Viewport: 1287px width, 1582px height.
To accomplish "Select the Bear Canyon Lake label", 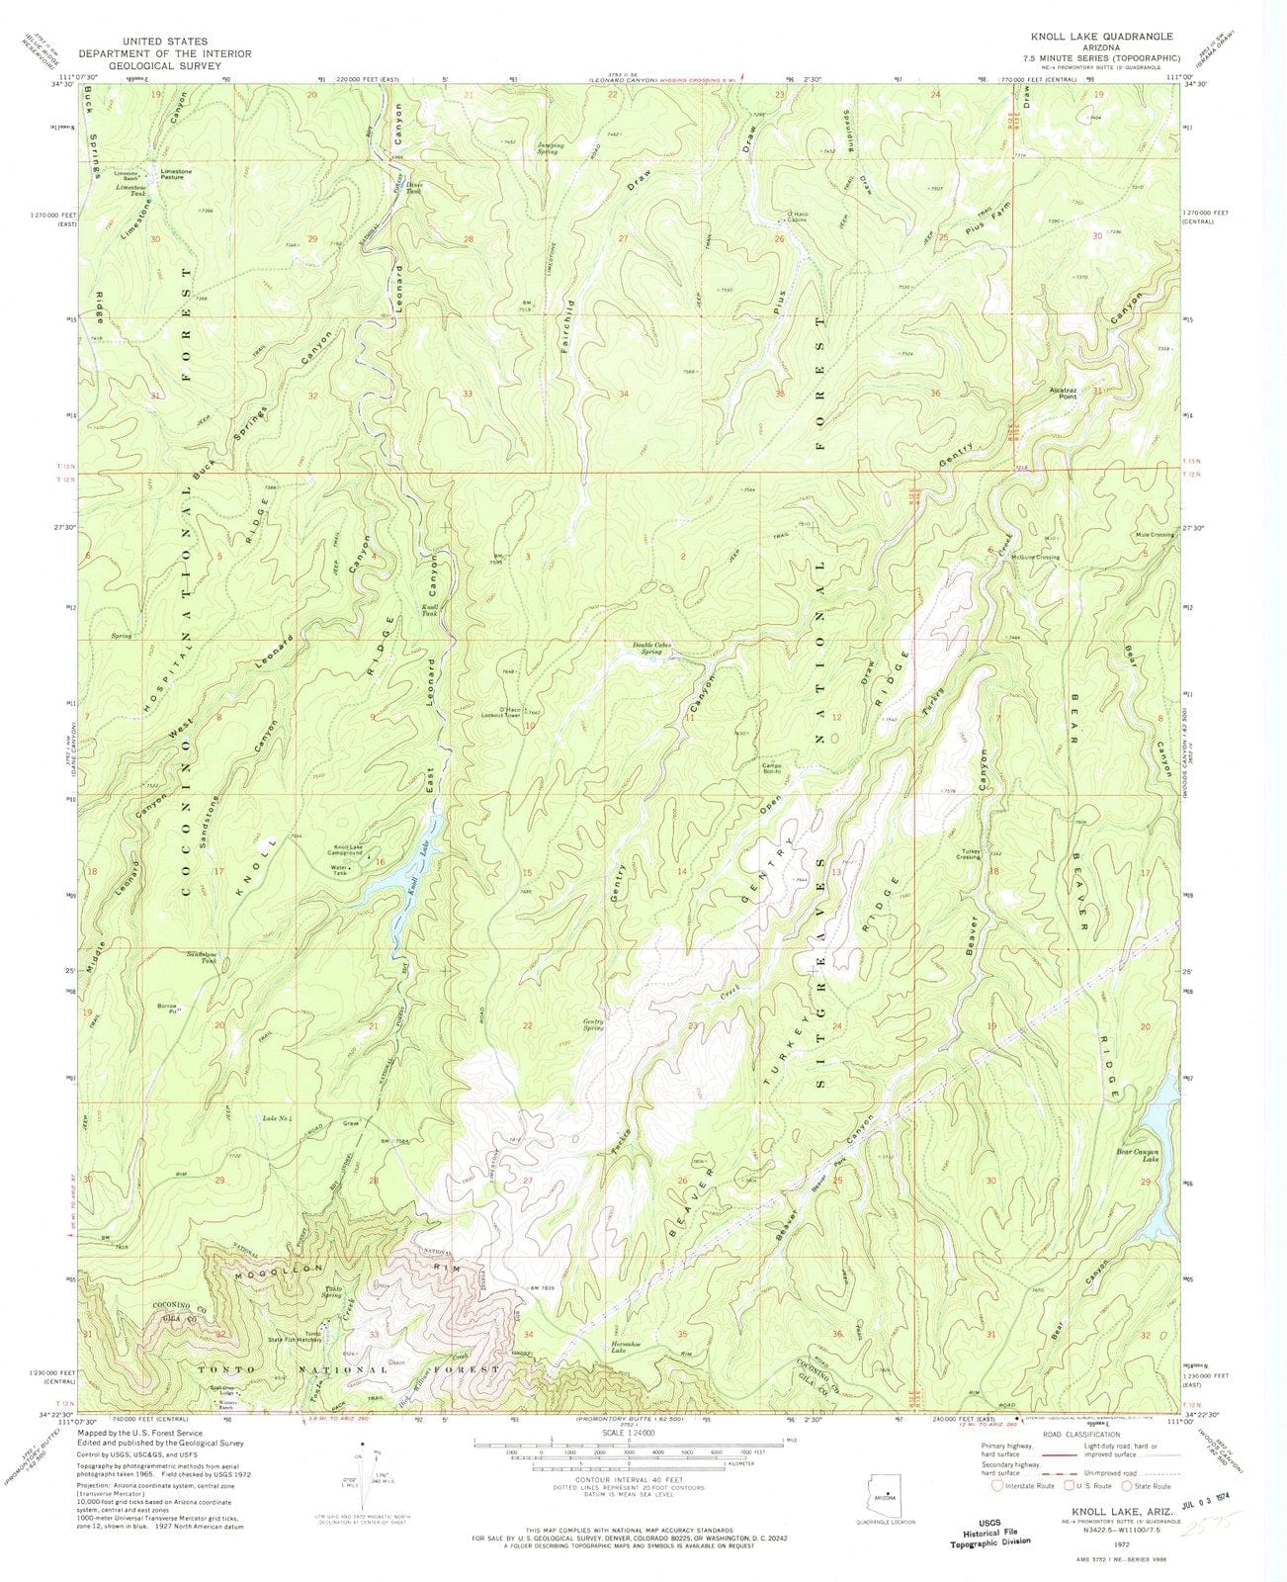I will coord(1137,1155).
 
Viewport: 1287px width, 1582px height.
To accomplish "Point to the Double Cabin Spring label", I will coord(654,649).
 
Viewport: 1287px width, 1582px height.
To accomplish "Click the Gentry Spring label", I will coord(593,1026).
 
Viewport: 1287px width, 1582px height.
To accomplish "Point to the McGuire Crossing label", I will coord(1034,557).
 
